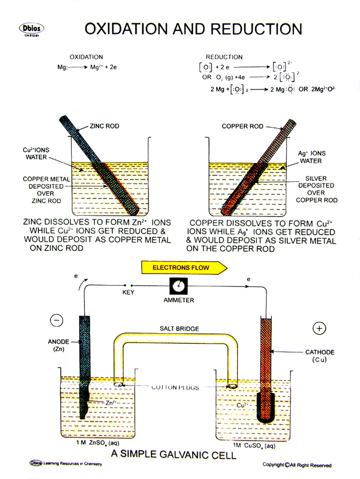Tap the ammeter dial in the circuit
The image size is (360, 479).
(x=179, y=286)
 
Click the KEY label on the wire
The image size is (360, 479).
(x=129, y=293)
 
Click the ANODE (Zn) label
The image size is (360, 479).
(x=58, y=345)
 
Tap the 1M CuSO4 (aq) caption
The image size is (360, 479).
(x=254, y=445)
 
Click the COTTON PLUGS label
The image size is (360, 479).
(x=176, y=388)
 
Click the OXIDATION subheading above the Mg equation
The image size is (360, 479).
(x=86, y=57)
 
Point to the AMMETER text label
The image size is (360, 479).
(x=179, y=300)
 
